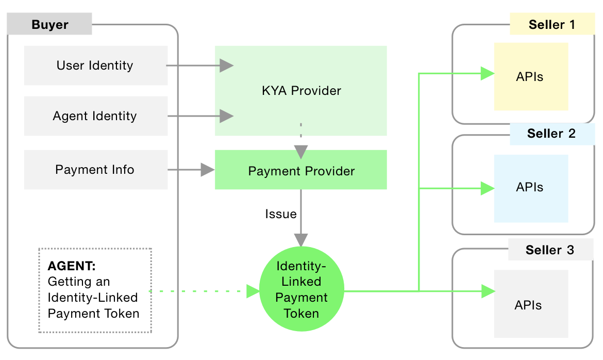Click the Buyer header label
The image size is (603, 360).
[x=49, y=25]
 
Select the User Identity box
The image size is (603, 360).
[x=95, y=66]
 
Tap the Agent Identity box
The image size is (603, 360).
[x=95, y=116]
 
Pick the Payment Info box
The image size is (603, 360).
[x=95, y=170]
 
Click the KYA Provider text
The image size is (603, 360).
[x=301, y=91]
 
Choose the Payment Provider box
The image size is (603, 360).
[x=301, y=170]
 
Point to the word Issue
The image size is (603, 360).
[x=281, y=214]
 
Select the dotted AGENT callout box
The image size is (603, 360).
[x=95, y=291]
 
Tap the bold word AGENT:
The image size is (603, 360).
[x=72, y=266]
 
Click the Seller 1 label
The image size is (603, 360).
[x=551, y=24]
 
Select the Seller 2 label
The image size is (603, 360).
[x=551, y=134]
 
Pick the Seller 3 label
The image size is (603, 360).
[x=550, y=250]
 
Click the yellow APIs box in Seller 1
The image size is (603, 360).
[x=531, y=77]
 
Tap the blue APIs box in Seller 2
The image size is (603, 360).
[x=531, y=188]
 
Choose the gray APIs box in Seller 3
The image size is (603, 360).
[x=531, y=304]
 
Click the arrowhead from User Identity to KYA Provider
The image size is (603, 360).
[x=226, y=66]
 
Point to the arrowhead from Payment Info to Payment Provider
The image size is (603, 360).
[x=208, y=170]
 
